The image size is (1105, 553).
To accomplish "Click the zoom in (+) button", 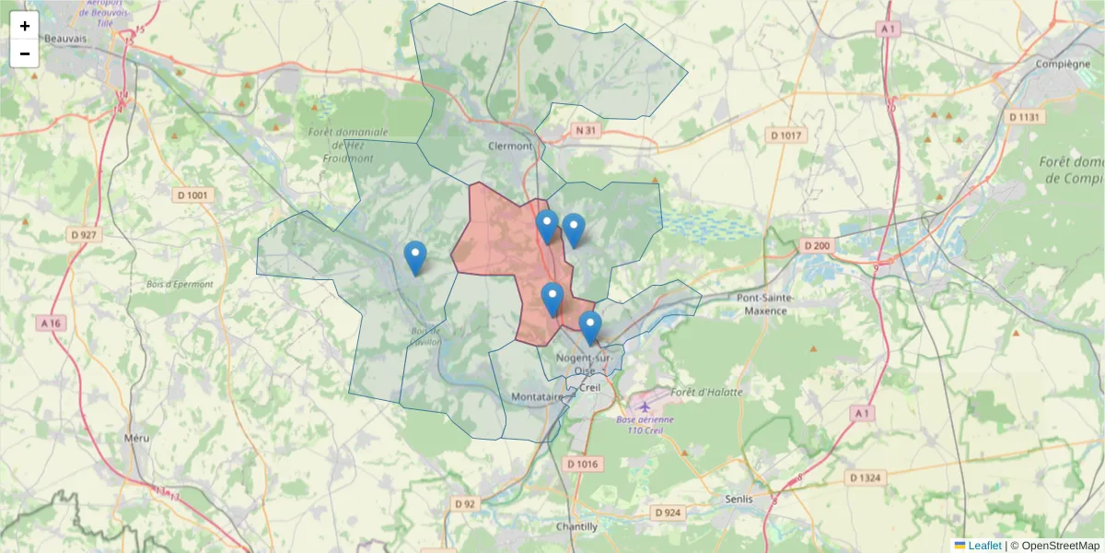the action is (25, 26).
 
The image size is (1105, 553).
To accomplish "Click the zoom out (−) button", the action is (25, 53).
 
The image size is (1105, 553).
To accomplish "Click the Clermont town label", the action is (510, 146).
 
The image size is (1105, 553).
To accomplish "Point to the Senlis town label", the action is (739, 499).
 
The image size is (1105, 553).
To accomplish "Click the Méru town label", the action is (136, 438).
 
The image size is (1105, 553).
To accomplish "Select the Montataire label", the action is (536, 396).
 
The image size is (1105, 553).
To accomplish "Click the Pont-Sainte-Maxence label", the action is (762, 304).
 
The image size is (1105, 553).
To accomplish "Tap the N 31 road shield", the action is (585, 131).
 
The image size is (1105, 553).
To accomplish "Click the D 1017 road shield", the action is (785, 135).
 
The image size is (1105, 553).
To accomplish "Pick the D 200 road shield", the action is (817, 246).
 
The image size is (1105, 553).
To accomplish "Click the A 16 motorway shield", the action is (51, 324).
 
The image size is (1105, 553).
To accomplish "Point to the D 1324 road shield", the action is (866, 477).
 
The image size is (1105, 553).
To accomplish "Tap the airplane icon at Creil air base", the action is (644, 406).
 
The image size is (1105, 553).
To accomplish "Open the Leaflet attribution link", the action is (983, 546).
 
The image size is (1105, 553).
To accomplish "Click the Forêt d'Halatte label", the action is (707, 392).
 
